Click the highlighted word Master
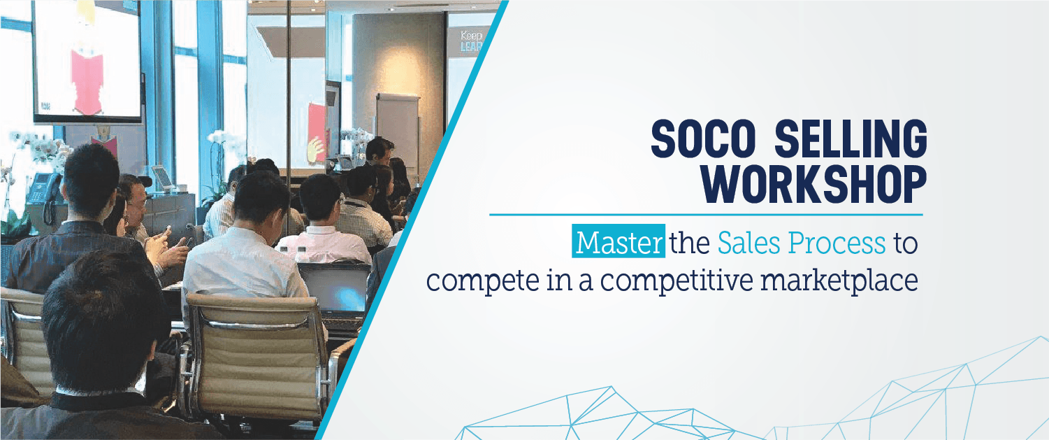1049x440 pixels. [x=618, y=242]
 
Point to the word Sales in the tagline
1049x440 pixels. [x=748, y=243]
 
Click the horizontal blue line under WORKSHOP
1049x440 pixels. [x=706, y=215]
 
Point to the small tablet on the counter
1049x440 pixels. [x=163, y=178]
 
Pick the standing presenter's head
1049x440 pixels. [x=381, y=150]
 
